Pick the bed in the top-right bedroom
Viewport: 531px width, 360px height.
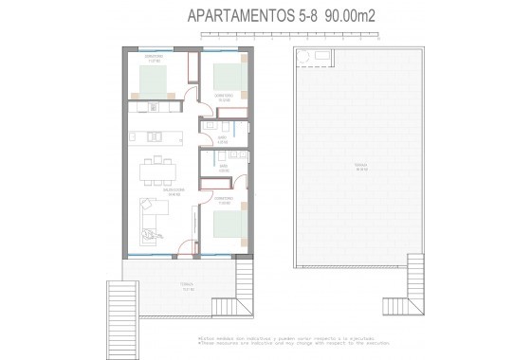click(x=229, y=76)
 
